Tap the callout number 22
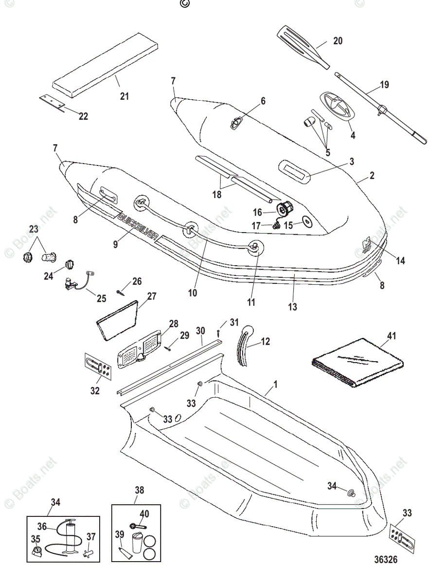[x=83, y=116]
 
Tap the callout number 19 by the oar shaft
[x=384, y=85]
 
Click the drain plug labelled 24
[x=70, y=263]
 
